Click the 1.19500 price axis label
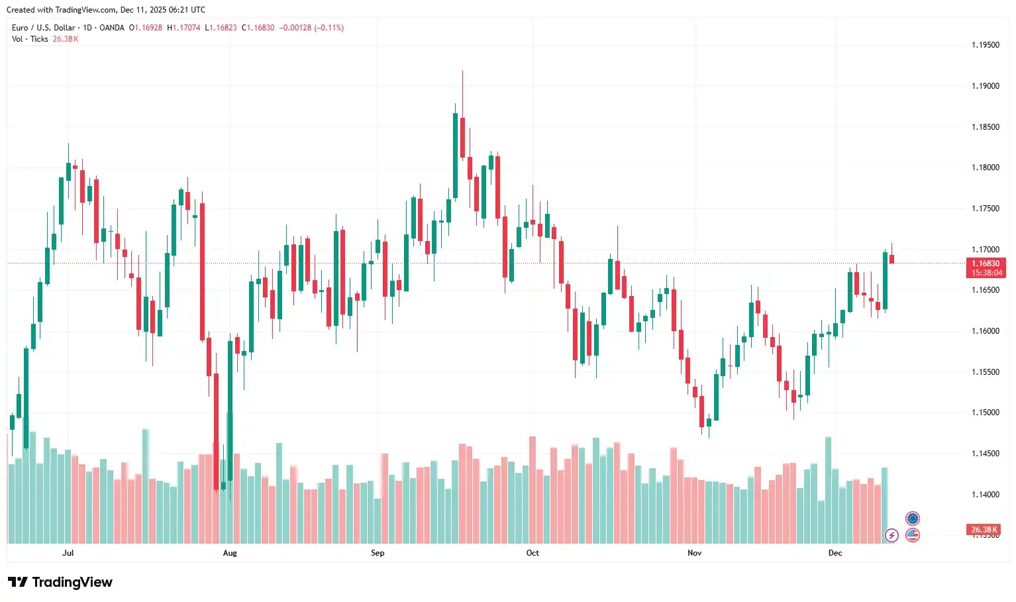985,45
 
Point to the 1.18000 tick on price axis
985,168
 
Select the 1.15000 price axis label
985,413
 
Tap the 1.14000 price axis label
985,495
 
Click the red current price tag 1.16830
986,264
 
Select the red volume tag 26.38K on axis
984,530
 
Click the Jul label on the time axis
68,553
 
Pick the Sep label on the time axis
378,553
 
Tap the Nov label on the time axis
694,553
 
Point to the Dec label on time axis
835,553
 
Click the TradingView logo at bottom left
60,582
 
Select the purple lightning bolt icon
891,535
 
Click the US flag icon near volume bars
913,535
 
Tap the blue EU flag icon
913,519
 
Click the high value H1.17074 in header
183,28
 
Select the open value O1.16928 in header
145,28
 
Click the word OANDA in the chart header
112,28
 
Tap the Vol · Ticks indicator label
30,39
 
